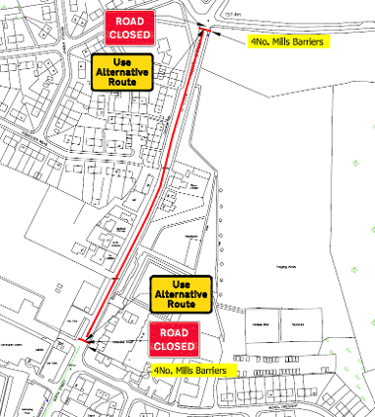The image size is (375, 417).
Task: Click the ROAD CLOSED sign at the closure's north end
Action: (130, 29)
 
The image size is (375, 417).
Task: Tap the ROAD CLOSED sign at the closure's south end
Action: (175, 341)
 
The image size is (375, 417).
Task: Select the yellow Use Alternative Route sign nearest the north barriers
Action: (120, 73)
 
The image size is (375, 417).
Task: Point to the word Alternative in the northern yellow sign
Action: (120, 73)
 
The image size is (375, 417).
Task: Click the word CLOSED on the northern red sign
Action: (130, 35)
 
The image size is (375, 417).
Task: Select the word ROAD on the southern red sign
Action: (175, 334)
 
